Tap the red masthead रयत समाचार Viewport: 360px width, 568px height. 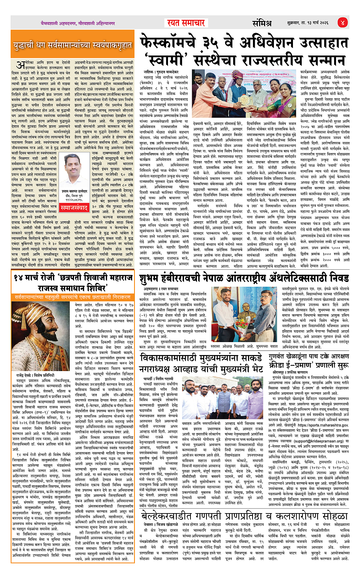point(186,23)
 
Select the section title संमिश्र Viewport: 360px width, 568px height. point(262,23)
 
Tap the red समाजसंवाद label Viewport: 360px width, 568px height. point(74,208)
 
